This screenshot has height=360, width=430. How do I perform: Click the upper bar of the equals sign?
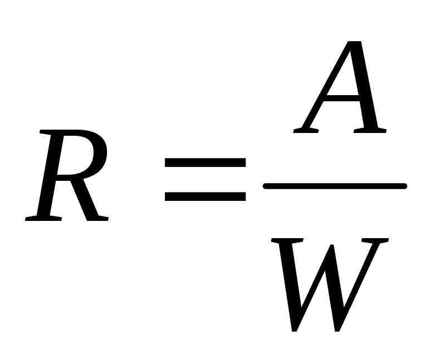point(204,163)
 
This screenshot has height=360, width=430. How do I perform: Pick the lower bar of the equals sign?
point(204,196)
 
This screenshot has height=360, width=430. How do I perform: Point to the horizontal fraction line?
point(334,186)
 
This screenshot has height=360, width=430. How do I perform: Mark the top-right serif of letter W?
point(374,240)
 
